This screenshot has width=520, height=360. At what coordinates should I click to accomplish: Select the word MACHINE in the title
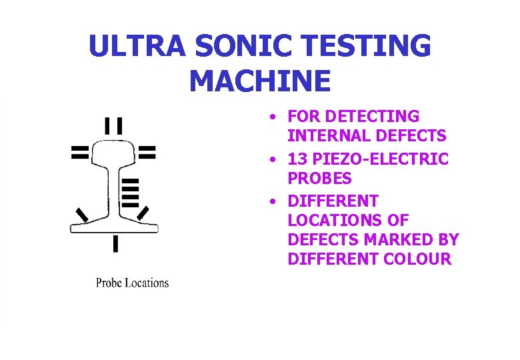(x=259, y=81)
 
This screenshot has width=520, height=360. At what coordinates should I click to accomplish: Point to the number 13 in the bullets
(x=298, y=159)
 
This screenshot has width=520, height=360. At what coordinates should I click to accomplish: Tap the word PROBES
(x=319, y=179)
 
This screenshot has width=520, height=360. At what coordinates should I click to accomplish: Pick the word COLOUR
(x=419, y=259)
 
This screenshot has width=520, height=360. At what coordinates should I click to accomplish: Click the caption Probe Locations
(x=132, y=283)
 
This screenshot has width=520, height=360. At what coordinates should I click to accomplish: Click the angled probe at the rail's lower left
(x=82, y=215)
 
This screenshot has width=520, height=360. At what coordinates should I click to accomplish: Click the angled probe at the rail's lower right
(x=143, y=213)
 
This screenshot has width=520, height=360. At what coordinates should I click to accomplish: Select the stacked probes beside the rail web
(x=131, y=193)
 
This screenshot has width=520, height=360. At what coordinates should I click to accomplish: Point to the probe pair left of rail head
(x=80, y=153)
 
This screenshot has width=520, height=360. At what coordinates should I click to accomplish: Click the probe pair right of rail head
(x=147, y=153)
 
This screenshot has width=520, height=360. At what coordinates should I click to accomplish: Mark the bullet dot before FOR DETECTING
(x=273, y=117)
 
